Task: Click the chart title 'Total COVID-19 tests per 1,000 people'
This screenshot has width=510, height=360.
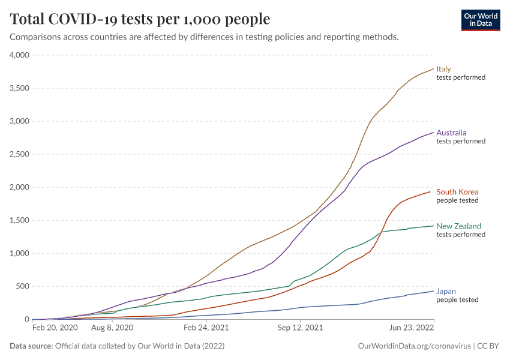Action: (x=140, y=19)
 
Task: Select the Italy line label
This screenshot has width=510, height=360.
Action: (x=444, y=69)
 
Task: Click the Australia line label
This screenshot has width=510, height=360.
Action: (x=451, y=133)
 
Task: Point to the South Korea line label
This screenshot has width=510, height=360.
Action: (x=457, y=192)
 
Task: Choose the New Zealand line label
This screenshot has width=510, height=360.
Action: (x=458, y=226)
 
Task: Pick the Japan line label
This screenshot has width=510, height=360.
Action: (x=446, y=291)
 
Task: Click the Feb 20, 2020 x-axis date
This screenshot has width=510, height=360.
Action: (x=55, y=328)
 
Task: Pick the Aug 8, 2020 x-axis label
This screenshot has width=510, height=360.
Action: (x=112, y=328)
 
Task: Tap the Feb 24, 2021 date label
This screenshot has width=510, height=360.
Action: (x=206, y=328)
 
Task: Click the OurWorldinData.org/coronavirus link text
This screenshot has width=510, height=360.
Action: (x=414, y=346)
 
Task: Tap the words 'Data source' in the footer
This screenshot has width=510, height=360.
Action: (x=31, y=346)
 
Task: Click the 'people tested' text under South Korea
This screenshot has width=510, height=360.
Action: (x=457, y=200)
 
